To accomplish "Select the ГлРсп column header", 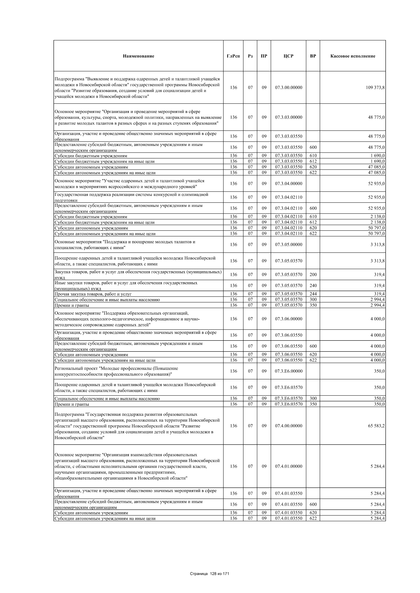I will (233, 56).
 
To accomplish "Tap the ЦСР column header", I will (288, 56).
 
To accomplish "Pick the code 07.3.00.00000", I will (288, 88).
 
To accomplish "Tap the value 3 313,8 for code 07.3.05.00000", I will (377, 245).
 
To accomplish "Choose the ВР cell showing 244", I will (313, 294).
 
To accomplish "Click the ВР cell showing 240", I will (313, 286).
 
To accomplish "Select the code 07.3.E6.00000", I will (288, 371).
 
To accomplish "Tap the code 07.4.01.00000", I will (288, 466).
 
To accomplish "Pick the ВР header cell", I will (313, 56).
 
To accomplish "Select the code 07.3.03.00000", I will (288, 117).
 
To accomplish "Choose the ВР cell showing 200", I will (313, 275).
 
